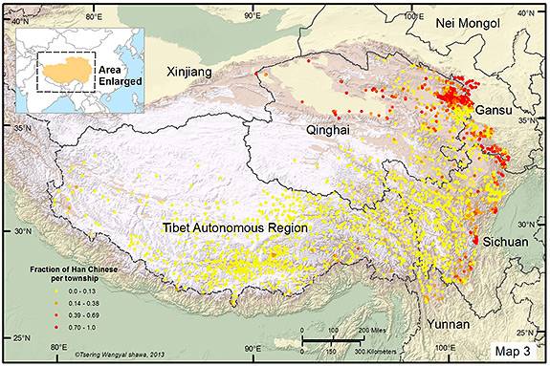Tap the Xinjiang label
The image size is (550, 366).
pyautogui.click(x=190, y=71)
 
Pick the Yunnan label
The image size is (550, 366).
pyautogui.click(x=448, y=324)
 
